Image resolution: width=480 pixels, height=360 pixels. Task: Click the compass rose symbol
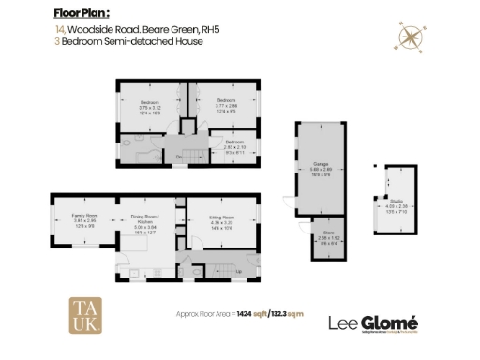pos(409,37)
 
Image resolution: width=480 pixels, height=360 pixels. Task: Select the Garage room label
pos(320,163)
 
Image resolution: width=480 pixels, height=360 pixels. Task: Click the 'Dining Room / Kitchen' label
pos(144,217)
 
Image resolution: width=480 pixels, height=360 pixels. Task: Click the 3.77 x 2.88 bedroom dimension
pos(225,105)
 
